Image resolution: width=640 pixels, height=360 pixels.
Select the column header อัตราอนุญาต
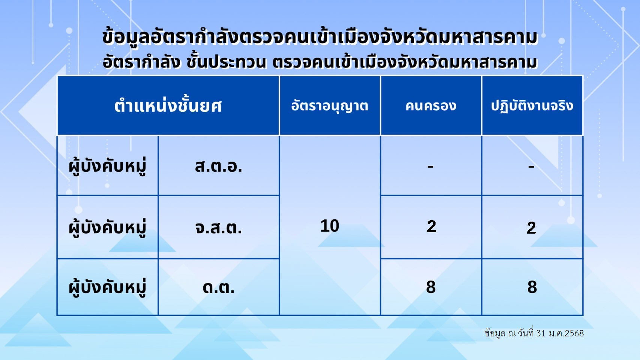click(x=330, y=106)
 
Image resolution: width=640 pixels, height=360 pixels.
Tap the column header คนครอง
click(x=431, y=106)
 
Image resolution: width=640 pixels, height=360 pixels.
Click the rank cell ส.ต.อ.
click(x=219, y=166)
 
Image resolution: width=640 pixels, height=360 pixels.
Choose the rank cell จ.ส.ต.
click(x=219, y=228)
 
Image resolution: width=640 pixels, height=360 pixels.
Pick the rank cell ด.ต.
click(x=219, y=287)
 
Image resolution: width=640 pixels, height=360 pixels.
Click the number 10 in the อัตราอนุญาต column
click(x=330, y=226)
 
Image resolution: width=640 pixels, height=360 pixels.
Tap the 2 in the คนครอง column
click(x=431, y=226)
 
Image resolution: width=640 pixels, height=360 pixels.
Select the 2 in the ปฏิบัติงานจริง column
click(x=532, y=228)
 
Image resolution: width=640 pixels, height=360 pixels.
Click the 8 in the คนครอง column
click(x=431, y=287)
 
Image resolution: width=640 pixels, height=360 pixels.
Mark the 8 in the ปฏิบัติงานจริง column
click(x=532, y=287)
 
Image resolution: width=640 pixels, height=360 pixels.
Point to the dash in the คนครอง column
click(x=431, y=166)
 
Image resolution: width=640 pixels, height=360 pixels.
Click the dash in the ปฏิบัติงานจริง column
click(x=532, y=166)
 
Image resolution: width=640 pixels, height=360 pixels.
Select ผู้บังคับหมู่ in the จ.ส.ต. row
click(x=107, y=228)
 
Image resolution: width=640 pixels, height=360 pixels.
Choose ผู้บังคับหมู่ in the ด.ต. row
click(x=107, y=287)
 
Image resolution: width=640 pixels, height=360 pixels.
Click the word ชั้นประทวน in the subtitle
click(x=226, y=62)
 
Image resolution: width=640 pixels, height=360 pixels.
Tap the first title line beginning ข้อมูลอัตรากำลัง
click(x=320, y=37)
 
